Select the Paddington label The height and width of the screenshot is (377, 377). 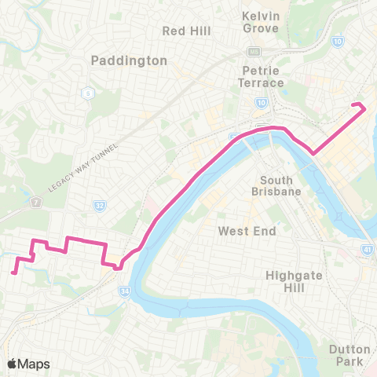(129, 60)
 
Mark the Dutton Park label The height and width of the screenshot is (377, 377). (347, 355)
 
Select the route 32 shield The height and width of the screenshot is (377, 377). (99, 206)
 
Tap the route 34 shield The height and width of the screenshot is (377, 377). (126, 291)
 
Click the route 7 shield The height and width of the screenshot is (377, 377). (36, 204)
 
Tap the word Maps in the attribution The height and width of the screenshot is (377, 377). (35, 364)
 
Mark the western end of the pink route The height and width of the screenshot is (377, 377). (15, 273)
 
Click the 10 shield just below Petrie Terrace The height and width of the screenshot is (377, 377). (260, 102)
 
